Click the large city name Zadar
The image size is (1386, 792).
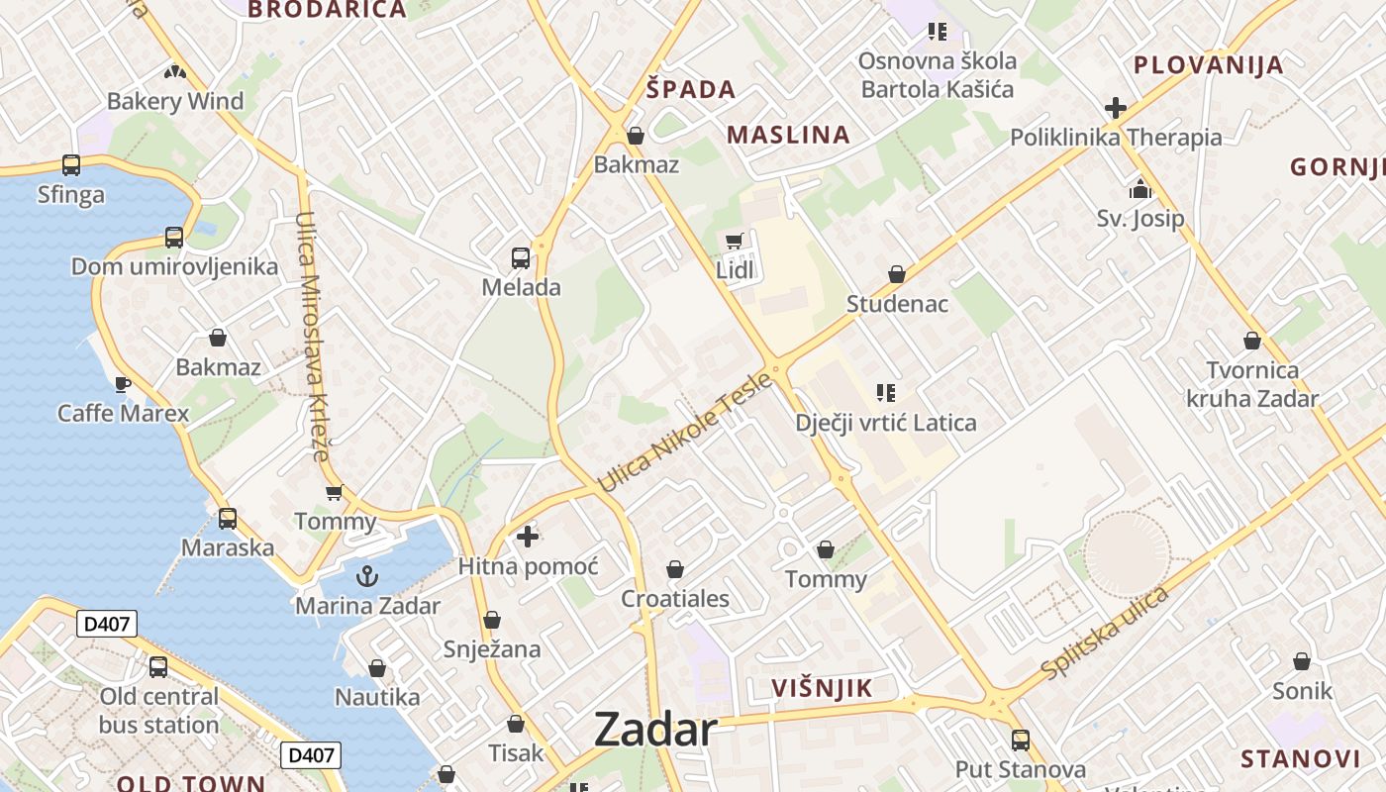pos(655,731)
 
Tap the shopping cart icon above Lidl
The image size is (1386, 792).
pos(734,241)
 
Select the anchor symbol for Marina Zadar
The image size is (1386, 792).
pos(367,575)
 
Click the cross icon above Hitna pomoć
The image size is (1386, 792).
pos(528,537)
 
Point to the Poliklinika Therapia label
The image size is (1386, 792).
pos(1116,138)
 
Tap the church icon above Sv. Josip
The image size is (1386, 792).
pos(1139,188)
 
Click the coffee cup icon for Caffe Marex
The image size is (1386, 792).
pos(123,383)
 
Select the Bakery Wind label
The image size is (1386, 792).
pos(175,101)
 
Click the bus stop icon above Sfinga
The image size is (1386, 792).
pos(71,164)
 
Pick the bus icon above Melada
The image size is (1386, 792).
pos(521,258)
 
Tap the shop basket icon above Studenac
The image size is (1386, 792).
pos(897,274)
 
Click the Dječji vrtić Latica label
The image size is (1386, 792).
pos(886,423)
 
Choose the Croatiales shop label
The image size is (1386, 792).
pos(675,598)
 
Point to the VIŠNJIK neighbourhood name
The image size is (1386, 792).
pos(822,688)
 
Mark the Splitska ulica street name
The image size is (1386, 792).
pos(1105,634)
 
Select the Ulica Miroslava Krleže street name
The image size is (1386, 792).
pos(311,337)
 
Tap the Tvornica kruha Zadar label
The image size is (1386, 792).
pos(1252,384)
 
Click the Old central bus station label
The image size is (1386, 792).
pos(158,710)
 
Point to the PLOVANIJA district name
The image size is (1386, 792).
pos(1208,65)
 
